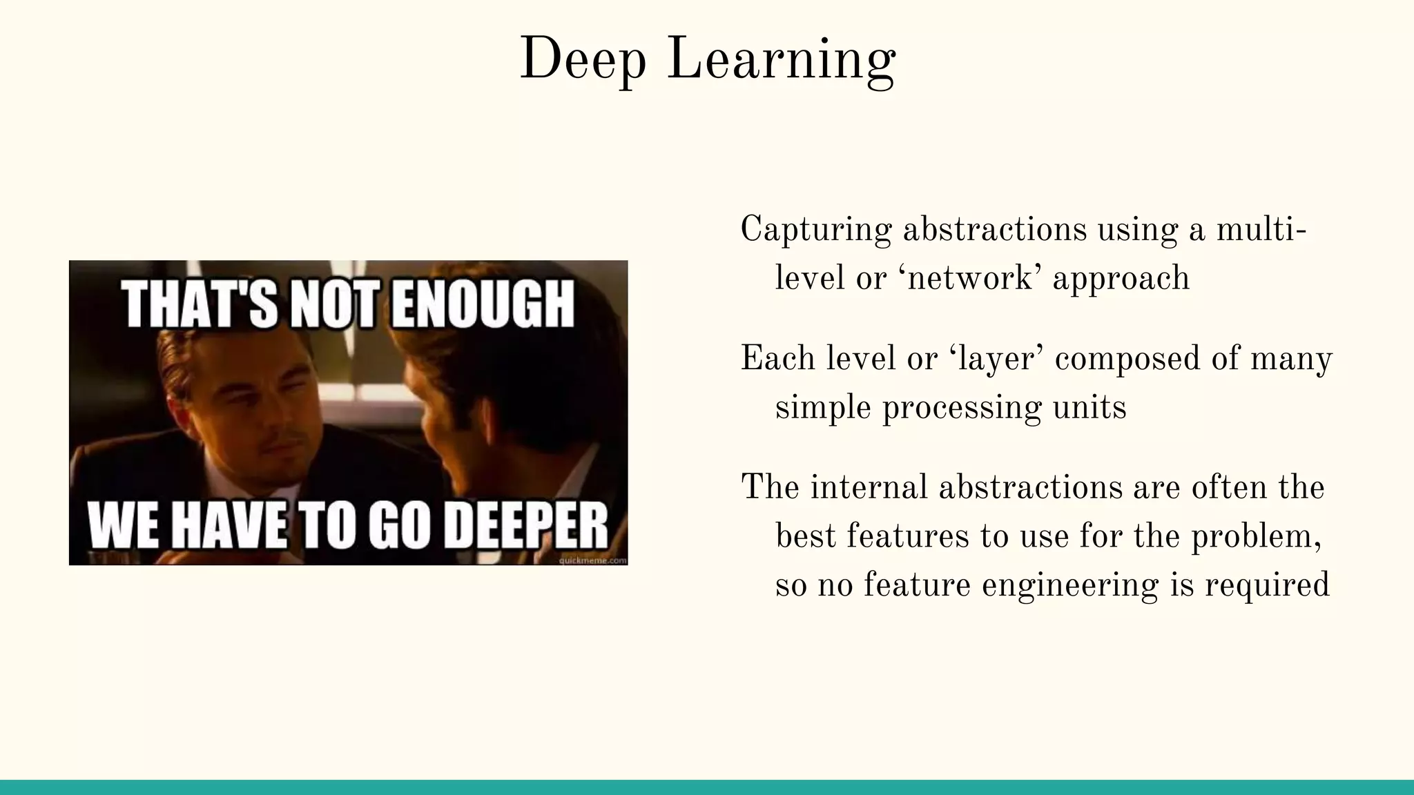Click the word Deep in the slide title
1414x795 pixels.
583,61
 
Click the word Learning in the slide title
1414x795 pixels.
782,61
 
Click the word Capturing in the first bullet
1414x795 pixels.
815,230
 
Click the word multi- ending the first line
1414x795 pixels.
1261,230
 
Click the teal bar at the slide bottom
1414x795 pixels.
707,787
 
